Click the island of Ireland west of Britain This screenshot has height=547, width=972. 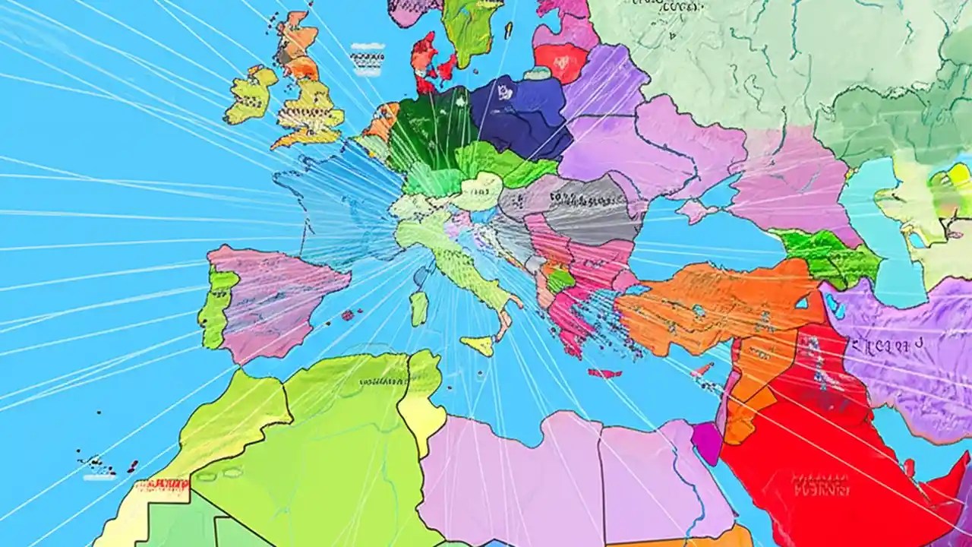pyautogui.click(x=251, y=95)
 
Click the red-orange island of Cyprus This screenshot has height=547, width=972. pyautogui.click(x=702, y=369)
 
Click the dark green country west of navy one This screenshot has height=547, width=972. pyautogui.click(x=429, y=129)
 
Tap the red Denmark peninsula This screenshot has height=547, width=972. pyautogui.click(x=425, y=61)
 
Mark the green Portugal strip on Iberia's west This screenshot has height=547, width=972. pyautogui.click(x=216, y=304)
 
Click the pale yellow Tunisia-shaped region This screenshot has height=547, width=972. pyautogui.click(x=419, y=399)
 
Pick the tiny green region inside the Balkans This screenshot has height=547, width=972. pyautogui.click(x=560, y=280)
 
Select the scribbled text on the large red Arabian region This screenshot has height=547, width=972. pyautogui.click(x=820, y=482)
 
